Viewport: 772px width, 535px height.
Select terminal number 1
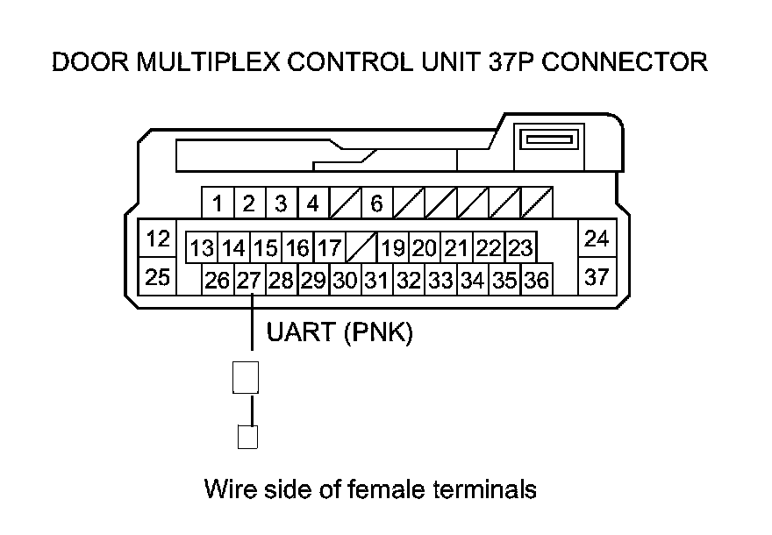pyautogui.click(x=217, y=204)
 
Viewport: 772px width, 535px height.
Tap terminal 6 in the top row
pyautogui.click(x=376, y=204)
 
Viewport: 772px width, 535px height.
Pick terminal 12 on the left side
pyautogui.click(x=158, y=238)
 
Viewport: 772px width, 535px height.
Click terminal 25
pyautogui.click(x=158, y=277)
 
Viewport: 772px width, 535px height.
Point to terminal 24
pyautogui.click(x=597, y=238)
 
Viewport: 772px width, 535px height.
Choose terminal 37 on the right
pyautogui.click(x=597, y=277)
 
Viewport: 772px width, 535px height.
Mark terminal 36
pyautogui.click(x=537, y=281)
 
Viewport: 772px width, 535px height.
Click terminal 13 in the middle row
pyautogui.click(x=202, y=248)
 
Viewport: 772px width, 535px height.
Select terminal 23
pyautogui.click(x=520, y=248)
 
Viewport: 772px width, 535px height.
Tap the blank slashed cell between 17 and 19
pyautogui.click(x=361, y=248)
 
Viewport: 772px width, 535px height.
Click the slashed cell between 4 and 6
pyautogui.click(x=345, y=204)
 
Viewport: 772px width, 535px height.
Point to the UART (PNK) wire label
pyautogui.click(x=339, y=334)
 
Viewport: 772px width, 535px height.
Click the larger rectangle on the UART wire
pyautogui.click(x=246, y=377)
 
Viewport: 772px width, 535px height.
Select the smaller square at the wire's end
pyautogui.click(x=247, y=437)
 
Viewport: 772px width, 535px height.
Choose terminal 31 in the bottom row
pyautogui.click(x=377, y=281)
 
